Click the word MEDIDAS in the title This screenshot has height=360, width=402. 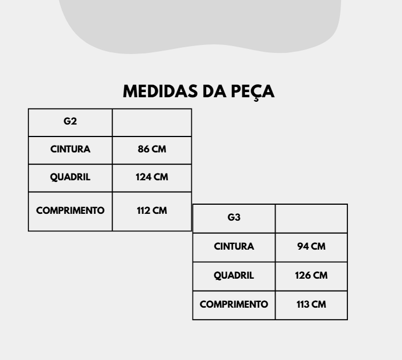click(x=160, y=92)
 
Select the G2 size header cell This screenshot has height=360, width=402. click(x=70, y=123)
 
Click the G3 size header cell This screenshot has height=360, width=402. click(x=234, y=218)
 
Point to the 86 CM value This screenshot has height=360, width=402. click(x=152, y=149)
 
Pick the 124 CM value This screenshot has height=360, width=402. click(x=152, y=177)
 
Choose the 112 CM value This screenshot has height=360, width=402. click(x=152, y=210)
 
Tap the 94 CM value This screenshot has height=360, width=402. click(x=311, y=246)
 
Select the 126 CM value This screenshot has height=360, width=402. click(x=311, y=275)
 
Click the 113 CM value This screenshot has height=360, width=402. click(x=311, y=304)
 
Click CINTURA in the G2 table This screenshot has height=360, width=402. click(x=70, y=149)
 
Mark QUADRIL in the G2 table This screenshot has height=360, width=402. click(x=70, y=177)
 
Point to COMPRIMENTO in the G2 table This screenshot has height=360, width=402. click(x=70, y=210)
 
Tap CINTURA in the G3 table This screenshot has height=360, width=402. click(x=234, y=246)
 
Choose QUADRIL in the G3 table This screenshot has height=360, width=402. click(x=234, y=275)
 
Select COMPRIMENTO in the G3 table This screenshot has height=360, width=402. click(x=234, y=304)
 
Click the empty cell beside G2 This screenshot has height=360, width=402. click(x=152, y=123)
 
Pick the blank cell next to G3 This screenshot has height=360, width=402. click(x=311, y=218)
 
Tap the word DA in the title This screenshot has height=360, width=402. click(x=214, y=92)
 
